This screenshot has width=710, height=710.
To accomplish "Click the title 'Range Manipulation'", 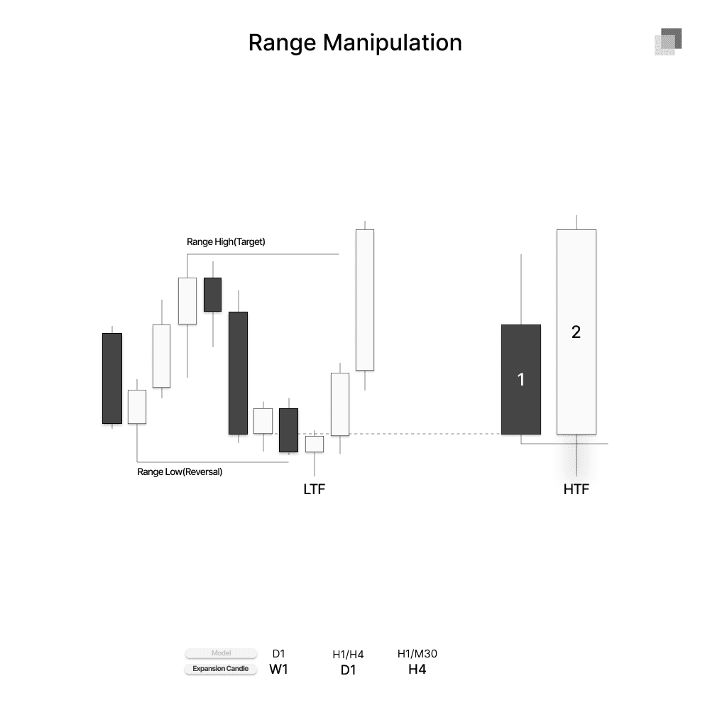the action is click(x=355, y=43).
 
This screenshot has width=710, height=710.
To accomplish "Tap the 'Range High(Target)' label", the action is click(x=226, y=241).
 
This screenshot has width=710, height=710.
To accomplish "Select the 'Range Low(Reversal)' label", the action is click(x=180, y=471).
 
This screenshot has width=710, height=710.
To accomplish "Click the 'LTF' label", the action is click(x=314, y=489).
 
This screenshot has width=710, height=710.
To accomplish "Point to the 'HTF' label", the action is click(x=576, y=489).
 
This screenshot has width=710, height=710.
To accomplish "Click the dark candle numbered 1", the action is click(x=521, y=379).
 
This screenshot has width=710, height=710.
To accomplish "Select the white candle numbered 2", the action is click(x=576, y=332).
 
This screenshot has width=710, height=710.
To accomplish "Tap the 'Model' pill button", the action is click(x=221, y=653).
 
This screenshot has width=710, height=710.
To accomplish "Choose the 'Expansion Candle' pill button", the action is click(x=221, y=669).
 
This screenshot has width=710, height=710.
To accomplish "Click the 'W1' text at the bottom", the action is click(x=279, y=670).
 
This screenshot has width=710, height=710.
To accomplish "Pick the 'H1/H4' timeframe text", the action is click(x=348, y=655).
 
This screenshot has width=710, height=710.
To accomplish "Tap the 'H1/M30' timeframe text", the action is click(x=417, y=654).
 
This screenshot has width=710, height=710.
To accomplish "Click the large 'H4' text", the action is click(x=417, y=670).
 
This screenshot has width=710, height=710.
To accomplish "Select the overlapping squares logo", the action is click(x=667, y=42).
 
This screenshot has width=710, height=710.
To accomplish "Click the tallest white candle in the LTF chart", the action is click(x=365, y=300).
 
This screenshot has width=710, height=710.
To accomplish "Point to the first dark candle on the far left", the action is click(x=112, y=378).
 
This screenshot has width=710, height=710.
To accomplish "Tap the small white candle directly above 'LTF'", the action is click(x=315, y=444).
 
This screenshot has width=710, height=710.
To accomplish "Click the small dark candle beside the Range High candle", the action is click(x=212, y=294).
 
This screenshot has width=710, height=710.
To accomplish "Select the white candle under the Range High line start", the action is click(x=187, y=300).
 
